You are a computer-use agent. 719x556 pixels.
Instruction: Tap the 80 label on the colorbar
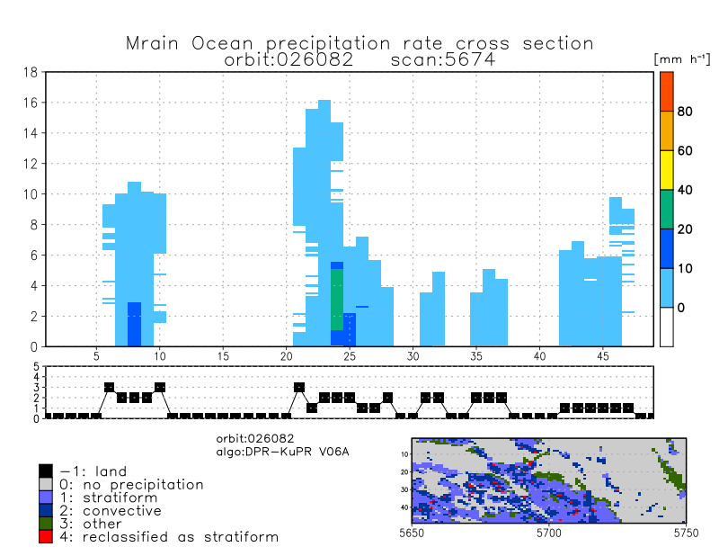685,112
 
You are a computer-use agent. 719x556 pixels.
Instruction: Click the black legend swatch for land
46,471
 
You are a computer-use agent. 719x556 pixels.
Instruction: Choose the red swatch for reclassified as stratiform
46,536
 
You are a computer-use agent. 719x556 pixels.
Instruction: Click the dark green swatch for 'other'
46,524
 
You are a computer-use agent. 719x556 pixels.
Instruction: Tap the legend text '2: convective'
111,510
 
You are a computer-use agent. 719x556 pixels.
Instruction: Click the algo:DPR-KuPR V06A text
282,451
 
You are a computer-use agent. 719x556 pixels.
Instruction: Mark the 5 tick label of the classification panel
36,368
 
